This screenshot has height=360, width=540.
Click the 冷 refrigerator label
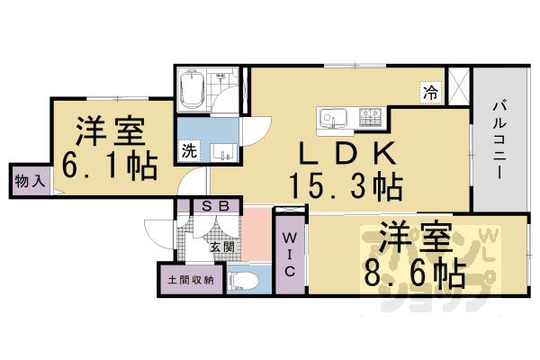(431, 91)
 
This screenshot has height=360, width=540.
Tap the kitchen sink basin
(328, 118)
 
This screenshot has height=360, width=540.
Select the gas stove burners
(370, 117)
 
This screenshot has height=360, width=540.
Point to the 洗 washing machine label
(189, 150)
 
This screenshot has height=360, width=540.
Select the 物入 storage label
(28, 180)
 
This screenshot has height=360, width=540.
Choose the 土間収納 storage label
(190, 280)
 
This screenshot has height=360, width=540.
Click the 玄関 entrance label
(222, 246)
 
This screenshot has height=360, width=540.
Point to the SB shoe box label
(216, 206)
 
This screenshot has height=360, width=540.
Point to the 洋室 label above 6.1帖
(110, 131)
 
